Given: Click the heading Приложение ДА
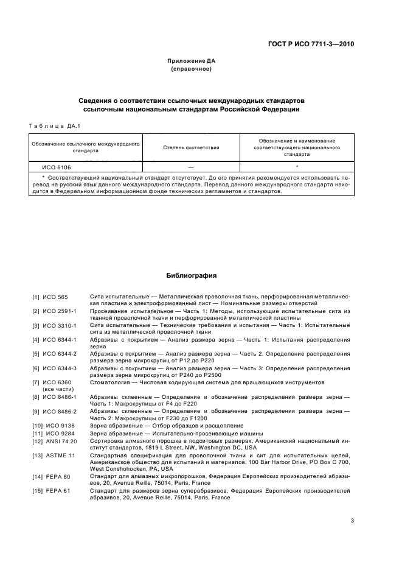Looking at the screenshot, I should (192, 61).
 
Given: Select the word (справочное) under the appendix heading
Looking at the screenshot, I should (192, 69).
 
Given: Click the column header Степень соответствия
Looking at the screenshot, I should (191, 147).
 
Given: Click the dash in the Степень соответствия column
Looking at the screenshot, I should (191, 166).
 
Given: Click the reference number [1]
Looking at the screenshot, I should (36, 297).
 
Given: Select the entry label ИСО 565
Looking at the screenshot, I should (56, 297).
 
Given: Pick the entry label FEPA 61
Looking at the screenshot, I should (57, 490).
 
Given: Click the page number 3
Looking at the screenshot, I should (352, 521).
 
